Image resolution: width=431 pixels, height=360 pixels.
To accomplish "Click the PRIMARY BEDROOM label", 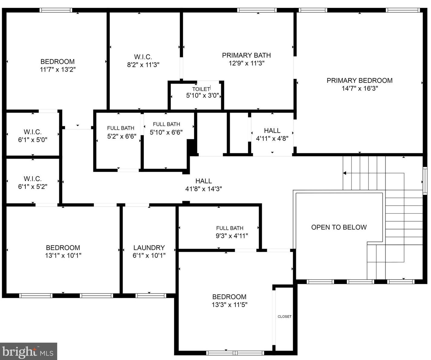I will (x=359, y=80).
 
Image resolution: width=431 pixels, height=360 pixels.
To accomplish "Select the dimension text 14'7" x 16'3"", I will (x=360, y=89).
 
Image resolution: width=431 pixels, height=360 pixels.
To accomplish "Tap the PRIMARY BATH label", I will (x=246, y=55).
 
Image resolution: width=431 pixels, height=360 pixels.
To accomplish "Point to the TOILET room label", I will (x=201, y=89).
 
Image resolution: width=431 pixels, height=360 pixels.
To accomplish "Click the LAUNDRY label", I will (x=149, y=248).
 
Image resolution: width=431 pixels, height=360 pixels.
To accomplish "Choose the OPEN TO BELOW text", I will (x=339, y=227).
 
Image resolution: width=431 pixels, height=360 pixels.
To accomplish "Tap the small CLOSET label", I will (x=284, y=316).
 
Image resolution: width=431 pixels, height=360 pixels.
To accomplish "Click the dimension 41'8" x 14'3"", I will (x=203, y=189).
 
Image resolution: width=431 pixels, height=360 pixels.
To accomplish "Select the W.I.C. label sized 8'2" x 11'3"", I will (x=143, y=57).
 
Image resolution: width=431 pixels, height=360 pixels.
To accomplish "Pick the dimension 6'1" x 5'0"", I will (x=33, y=140).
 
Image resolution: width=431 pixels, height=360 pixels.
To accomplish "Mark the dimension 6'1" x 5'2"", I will (x=33, y=187).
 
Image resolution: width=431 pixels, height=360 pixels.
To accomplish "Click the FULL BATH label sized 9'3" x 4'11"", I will (x=230, y=228).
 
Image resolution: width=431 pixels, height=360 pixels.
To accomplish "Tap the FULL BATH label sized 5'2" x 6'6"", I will (x=121, y=128).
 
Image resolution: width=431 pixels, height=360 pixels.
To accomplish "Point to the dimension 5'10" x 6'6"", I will (x=166, y=132).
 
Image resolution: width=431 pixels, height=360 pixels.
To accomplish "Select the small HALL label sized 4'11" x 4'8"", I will (x=272, y=131).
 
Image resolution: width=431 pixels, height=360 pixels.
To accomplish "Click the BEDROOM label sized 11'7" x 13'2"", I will (x=57, y=62).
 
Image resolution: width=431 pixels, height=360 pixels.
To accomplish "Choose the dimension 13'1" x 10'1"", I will (x=63, y=256).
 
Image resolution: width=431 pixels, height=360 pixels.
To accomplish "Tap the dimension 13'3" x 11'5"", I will (x=229, y=305).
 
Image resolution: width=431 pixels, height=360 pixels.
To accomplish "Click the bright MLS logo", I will (x=28, y=352).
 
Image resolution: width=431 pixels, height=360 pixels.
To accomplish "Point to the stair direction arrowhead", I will (x=345, y=173).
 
